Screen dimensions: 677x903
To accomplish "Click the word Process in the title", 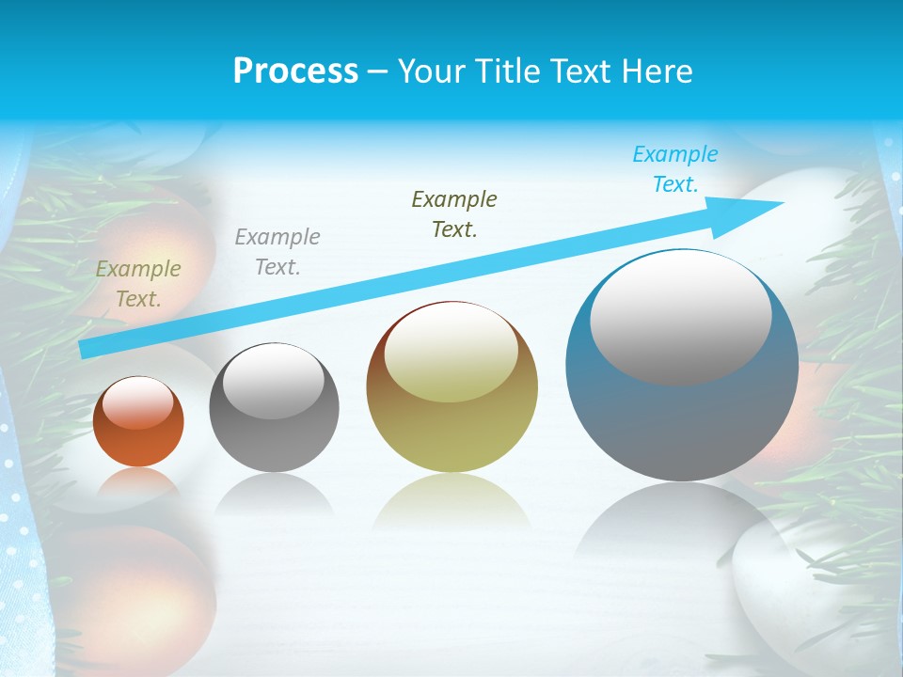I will point(295,71).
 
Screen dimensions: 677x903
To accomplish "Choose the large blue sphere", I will point(682,423).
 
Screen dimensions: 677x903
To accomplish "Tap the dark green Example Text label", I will point(454,214).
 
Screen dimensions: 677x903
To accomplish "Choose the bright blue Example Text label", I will point(675,169).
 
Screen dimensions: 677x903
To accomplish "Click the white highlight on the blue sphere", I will point(681,317).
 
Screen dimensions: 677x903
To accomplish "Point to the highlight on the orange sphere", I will point(138,402).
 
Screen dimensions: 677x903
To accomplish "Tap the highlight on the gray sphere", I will point(274,381).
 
